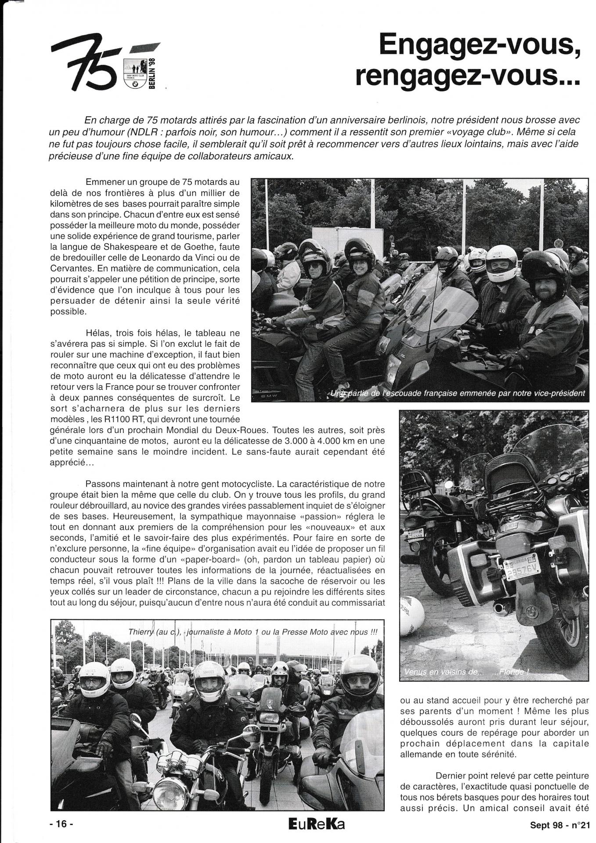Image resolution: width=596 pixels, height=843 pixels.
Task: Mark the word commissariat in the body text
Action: [357, 602]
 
